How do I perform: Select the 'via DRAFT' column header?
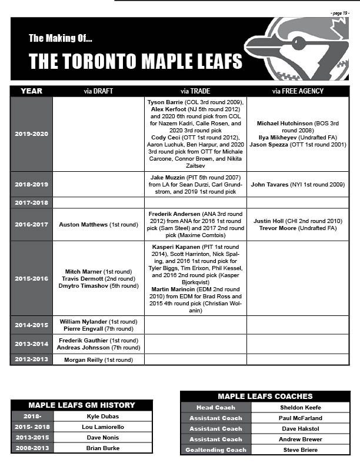pyautogui.click(x=98, y=91)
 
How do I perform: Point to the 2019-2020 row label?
pyautogui.click(x=31, y=134)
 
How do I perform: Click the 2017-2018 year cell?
pyautogui.click(x=31, y=202)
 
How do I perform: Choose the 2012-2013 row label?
pyautogui.click(x=31, y=360)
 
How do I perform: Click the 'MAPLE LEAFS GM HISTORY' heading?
pyautogui.click(x=82, y=405)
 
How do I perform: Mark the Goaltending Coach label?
pyautogui.click(x=216, y=450)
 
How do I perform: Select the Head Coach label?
pyautogui.click(x=216, y=407)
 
